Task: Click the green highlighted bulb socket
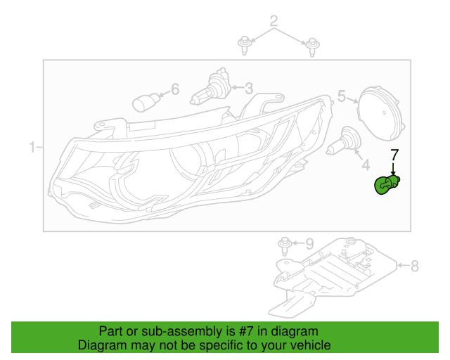click(x=387, y=185)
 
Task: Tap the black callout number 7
click(x=394, y=155)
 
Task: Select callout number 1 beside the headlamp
click(x=32, y=147)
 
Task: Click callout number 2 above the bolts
click(x=274, y=21)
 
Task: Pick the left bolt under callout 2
click(x=245, y=46)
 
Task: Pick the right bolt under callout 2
click(x=312, y=47)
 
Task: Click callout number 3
click(x=249, y=89)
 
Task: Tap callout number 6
click(x=175, y=89)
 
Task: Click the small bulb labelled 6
click(x=146, y=103)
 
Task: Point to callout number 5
click(x=342, y=96)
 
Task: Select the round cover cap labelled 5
click(x=381, y=113)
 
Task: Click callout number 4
click(x=366, y=165)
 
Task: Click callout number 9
click(x=309, y=244)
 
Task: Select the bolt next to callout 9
click(x=285, y=246)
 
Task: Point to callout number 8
click(x=415, y=266)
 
